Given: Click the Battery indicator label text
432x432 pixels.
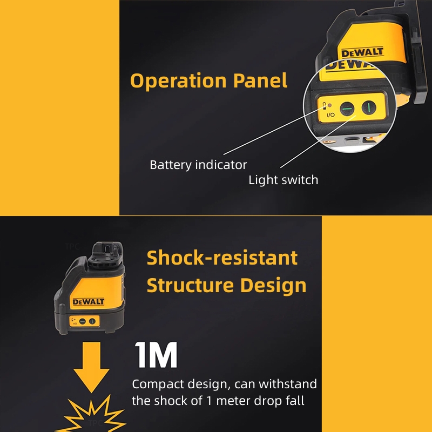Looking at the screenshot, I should pos(198,165).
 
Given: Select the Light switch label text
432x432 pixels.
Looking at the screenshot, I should pos(283,180).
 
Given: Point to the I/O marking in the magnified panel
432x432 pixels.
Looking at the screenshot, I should pos(330,114).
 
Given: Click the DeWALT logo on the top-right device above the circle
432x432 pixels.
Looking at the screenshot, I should pos(362,53).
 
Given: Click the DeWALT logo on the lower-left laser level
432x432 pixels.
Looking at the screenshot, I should pos(86,301).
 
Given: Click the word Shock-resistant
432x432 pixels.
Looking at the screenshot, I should pos(222,258).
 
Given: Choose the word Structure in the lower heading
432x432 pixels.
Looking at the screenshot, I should pos(191,285).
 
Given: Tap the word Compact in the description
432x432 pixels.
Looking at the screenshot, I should pos(156,385).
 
